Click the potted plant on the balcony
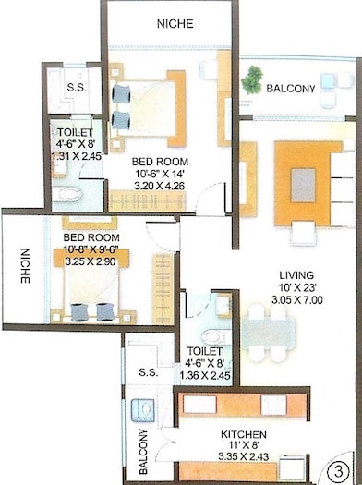click(x=248, y=83)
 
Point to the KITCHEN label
click(x=244, y=434)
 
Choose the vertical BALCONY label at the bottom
click(x=144, y=453)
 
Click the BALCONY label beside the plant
click(x=291, y=90)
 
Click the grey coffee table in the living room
click(x=306, y=184)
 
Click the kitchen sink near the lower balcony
click(x=144, y=408)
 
